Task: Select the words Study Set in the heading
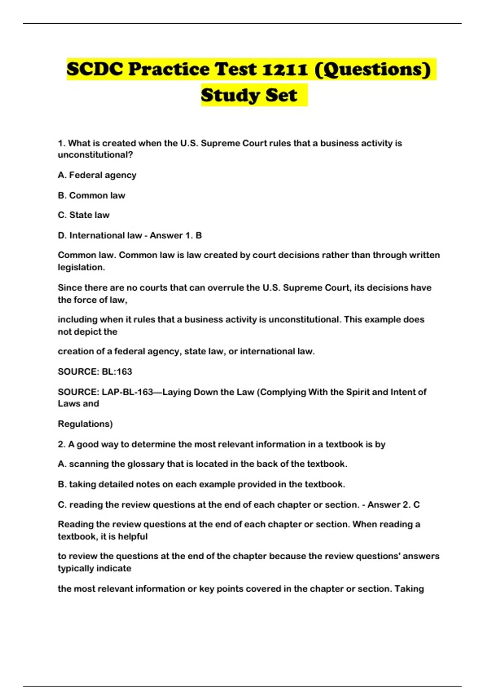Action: pyautogui.click(x=249, y=95)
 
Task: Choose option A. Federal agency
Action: pyautogui.click(x=97, y=175)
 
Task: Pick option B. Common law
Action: pyautogui.click(x=91, y=196)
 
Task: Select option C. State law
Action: pyautogui.click(x=84, y=215)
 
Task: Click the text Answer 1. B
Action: pyautogui.click(x=176, y=236)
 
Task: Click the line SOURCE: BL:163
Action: pyautogui.click(x=95, y=372)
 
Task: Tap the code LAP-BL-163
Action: pyautogui.click(x=127, y=392)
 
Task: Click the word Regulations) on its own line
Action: pyautogui.click(x=85, y=424)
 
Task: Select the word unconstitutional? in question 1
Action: pyautogui.click(x=95, y=155)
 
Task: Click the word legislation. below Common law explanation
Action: pyautogui.click(x=81, y=268)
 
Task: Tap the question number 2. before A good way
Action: pyautogui.click(x=61, y=445)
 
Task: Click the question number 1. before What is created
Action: pyautogui.click(x=61, y=143)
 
